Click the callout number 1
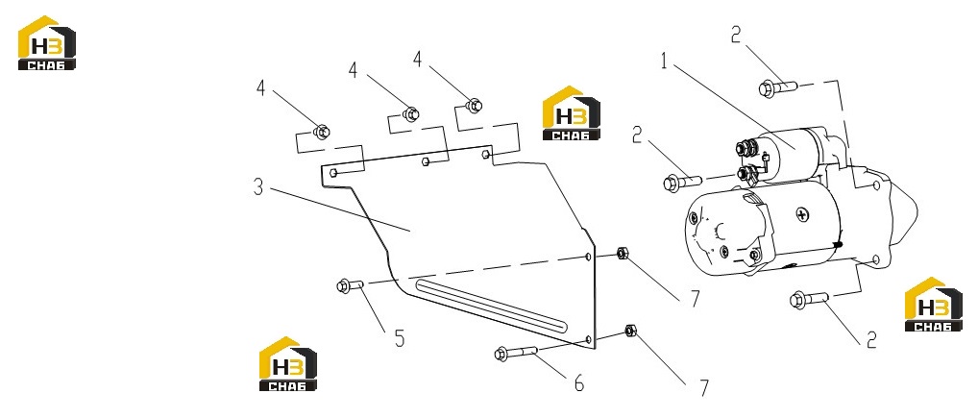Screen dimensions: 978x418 coord(666,61)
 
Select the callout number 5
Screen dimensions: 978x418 coord(400,339)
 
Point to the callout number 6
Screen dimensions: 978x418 coord(579,383)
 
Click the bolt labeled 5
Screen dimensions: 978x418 coord(350,285)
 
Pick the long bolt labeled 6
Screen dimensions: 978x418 coord(516,353)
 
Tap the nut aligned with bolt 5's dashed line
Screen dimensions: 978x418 coord(622,254)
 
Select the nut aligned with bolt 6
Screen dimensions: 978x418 coord(630,331)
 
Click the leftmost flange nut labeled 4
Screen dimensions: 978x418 coord(321,132)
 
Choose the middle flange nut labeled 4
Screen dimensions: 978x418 coord(410,114)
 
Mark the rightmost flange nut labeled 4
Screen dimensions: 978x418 coord(474,106)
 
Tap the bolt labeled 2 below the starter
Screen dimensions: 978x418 coord(809,299)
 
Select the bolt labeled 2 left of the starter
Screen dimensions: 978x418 coord(682,183)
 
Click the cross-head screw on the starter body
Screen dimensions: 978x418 coord(803,215)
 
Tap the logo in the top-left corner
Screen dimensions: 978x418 coord(47,42)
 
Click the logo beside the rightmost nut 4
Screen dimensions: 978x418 coord(572,113)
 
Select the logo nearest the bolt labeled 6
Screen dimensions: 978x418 coord(288,364)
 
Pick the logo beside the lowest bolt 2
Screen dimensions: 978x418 coord(934,304)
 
